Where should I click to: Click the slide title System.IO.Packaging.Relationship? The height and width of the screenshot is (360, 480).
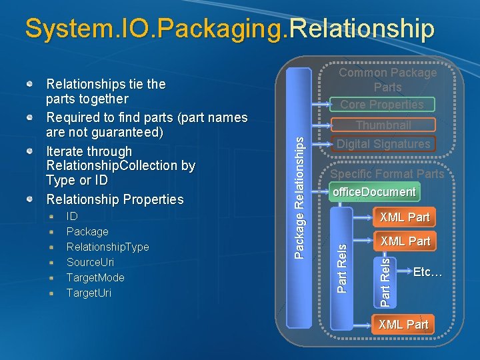pyautogui.click(x=229, y=28)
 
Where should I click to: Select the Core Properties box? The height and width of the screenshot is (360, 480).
pyautogui.click(x=382, y=104)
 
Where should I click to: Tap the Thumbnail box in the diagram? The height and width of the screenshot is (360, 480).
pyautogui.click(x=383, y=125)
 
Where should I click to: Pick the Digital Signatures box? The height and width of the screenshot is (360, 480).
pyautogui.click(x=383, y=144)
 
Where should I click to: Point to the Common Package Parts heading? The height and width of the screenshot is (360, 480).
pyautogui.click(x=387, y=79)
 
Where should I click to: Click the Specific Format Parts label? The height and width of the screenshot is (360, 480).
pyautogui.click(x=387, y=174)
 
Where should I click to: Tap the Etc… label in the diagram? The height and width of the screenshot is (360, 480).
pyautogui.click(x=427, y=271)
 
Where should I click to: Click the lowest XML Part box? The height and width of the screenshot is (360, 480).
pyautogui.click(x=403, y=325)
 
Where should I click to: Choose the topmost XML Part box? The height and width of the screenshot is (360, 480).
pyautogui.click(x=404, y=217)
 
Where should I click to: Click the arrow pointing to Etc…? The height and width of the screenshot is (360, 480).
pyautogui.click(x=402, y=272)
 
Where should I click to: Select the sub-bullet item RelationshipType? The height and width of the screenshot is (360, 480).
pyautogui.click(x=107, y=247)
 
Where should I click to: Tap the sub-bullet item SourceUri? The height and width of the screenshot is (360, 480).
pyautogui.click(x=90, y=262)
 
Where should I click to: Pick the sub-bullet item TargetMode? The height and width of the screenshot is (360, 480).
pyautogui.click(x=95, y=277)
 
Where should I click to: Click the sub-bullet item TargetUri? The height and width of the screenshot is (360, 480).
pyautogui.click(x=89, y=293)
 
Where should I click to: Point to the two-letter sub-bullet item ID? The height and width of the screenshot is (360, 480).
pyautogui.click(x=72, y=216)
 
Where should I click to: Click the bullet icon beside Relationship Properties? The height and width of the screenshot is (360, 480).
pyautogui.click(x=31, y=199)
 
